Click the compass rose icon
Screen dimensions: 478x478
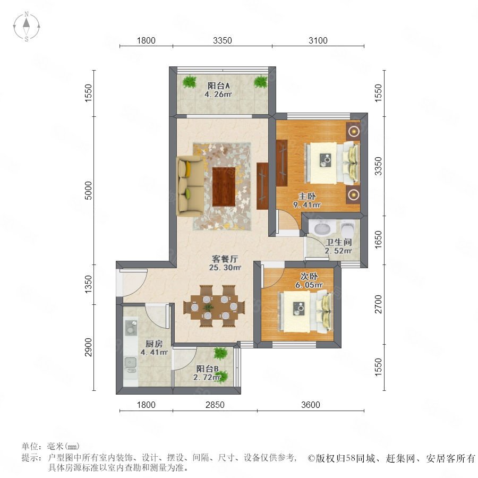pyautogui.click(x=27, y=27)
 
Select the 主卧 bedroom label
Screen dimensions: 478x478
pyautogui.click(x=307, y=196)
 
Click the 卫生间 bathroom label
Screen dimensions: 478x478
pyautogui.click(x=339, y=242)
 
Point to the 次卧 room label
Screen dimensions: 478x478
pyautogui.click(x=309, y=276)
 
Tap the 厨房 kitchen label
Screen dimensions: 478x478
pyautogui.click(x=154, y=344)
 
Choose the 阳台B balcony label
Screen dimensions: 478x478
pyautogui.click(x=207, y=369)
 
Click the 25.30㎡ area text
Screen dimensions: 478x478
pyautogui.click(x=225, y=268)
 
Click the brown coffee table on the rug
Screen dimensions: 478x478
pyautogui.click(x=224, y=186)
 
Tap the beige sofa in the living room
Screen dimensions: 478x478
pyautogui.click(x=187, y=186)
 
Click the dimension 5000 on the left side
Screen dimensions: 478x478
pyautogui.click(x=88, y=190)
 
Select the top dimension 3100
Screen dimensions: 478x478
pyautogui.click(x=318, y=40)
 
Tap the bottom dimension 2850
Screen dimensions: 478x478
pyautogui.click(x=215, y=405)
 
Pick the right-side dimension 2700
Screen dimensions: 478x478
pyautogui.click(x=378, y=304)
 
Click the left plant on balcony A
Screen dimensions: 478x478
pyautogui.click(x=190, y=82)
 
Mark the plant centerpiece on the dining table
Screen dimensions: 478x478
pyautogui.click(x=209, y=308)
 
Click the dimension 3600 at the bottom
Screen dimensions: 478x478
pyautogui.click(x=311, y=405)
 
